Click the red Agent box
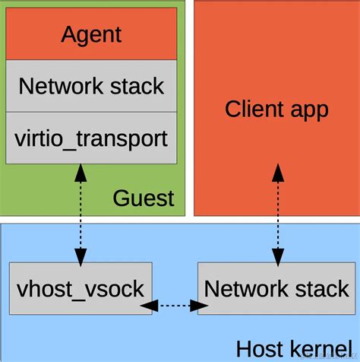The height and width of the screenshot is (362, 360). [91, 34]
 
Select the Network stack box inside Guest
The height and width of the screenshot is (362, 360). [91, 85]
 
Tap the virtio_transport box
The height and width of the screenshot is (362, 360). [91, 138]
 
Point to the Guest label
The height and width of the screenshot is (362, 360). [144, 198]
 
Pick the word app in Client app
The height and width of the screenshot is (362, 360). [307, 110]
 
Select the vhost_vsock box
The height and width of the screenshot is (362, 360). [80, 289]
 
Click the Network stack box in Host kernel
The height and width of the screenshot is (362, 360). [276, 289]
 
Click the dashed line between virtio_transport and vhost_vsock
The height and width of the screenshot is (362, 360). [79, 213]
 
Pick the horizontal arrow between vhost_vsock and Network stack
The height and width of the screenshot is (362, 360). [175, 306]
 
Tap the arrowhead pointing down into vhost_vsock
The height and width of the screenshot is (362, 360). [79, 254]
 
